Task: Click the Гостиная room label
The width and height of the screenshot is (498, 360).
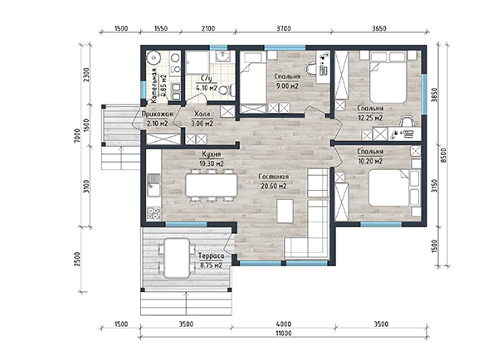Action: [x=273, y=182]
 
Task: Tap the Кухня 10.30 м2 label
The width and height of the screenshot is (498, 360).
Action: [x=212, y=159]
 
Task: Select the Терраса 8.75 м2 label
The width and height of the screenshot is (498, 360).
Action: [x=211, y=260]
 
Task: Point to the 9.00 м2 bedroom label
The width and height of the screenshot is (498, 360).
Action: [x=287, y=81]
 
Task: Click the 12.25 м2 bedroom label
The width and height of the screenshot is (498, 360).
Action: [x=370, y=114]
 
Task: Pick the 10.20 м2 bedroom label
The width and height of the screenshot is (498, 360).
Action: [x=370, y=157]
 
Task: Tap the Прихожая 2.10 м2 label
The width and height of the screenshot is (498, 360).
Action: [x=158, y=119]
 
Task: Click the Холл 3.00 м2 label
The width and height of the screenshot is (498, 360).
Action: [x=202, y=119]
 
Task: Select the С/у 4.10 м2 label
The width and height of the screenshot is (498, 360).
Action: [x=207, y=83]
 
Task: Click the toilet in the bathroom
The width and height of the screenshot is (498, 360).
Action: [x=227, y=90]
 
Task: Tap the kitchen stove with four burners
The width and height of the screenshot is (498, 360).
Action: [x=154, y=213]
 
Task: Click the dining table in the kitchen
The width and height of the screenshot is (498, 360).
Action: [x=212, y=186]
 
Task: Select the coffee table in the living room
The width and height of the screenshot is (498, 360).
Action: [x=285, y=212]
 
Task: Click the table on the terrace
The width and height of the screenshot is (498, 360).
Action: [x=178, y=258]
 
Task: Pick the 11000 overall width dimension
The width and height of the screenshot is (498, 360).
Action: [x=284, y=333]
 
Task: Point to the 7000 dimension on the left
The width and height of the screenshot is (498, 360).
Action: [x=77, y=136]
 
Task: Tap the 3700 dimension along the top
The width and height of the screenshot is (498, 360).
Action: [x=283, y=28]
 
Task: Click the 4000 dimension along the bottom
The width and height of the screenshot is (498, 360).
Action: [x=284, y=324]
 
